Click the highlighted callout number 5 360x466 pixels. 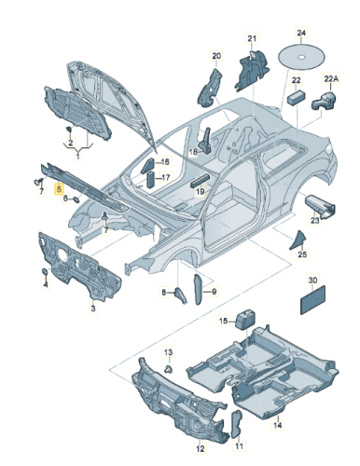click(x=59, y=188)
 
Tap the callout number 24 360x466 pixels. click(x=301, y=33)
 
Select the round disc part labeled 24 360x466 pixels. click(x=301, y=58)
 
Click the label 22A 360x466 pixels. click(x=331, y=79)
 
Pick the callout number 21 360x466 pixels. click(x=252, y=38)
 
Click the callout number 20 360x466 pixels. click(x=216, y=56)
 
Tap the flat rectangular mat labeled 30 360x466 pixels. click(x=312, y=300)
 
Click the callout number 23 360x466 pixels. click(x=315, y=220)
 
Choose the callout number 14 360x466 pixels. click(x=277, y=424)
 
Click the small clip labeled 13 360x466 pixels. click(x=169, y=370)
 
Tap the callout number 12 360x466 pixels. click(x=201, y=448)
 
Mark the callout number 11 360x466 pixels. click(x=239, y=445)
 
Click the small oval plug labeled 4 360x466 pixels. click(x=45, y=272)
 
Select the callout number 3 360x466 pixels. click(x=93, y=308)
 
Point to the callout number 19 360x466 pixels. click(x=201, y=192)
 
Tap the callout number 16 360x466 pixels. click(x=165, y=161)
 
